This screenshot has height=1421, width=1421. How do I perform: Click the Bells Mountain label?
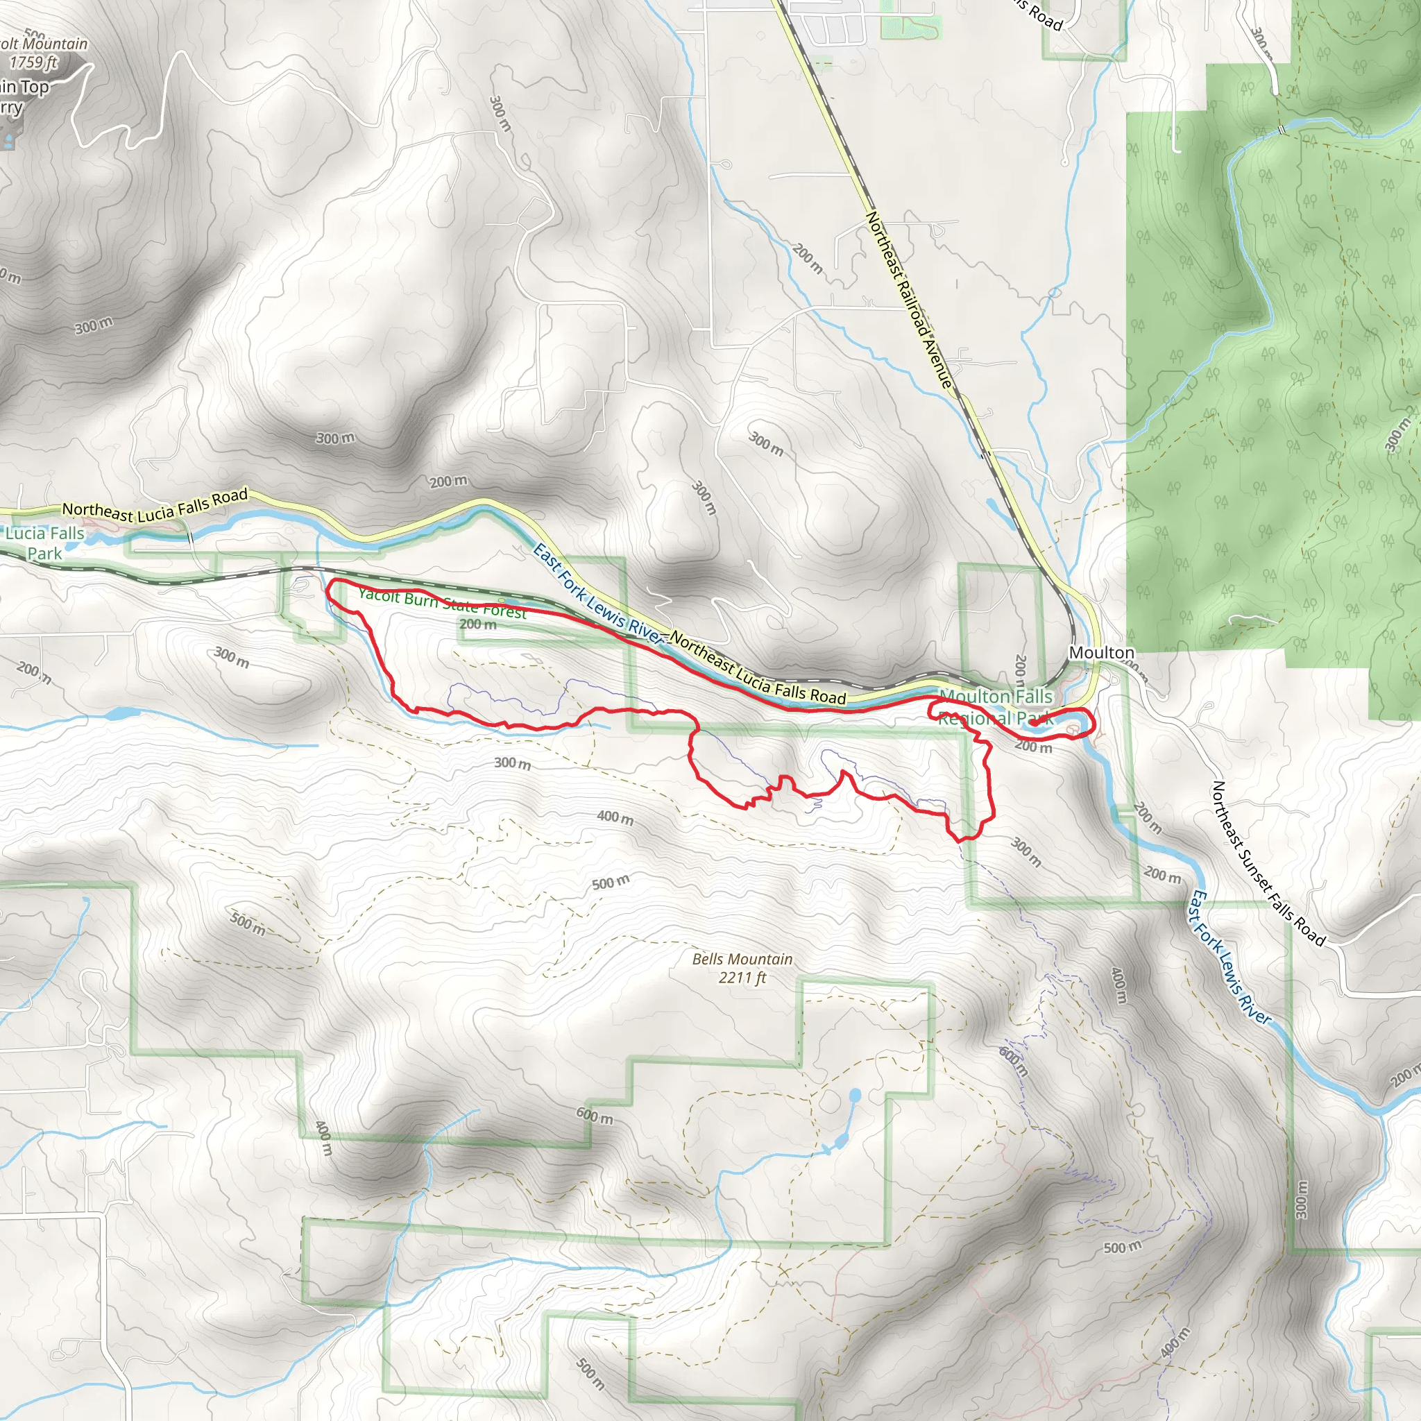tap(742, 959)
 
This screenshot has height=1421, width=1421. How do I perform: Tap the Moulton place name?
tap(1101, 652)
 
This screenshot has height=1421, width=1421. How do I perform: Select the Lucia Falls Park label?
tap(45, 543)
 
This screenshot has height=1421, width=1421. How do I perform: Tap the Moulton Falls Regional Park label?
tap(996, 706)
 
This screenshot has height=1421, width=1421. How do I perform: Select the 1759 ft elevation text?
tap(33, 62)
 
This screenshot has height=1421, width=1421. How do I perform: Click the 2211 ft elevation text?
tap(742, 978)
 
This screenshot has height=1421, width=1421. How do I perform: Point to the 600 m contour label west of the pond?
tap(595, 1116)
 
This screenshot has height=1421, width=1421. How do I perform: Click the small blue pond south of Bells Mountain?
tap(854, 1096)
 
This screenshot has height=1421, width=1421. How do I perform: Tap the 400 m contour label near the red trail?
tap(615, 817)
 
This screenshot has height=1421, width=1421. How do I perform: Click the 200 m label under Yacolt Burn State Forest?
tap(478, 624)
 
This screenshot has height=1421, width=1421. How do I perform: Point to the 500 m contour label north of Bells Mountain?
tap(611, 882)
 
